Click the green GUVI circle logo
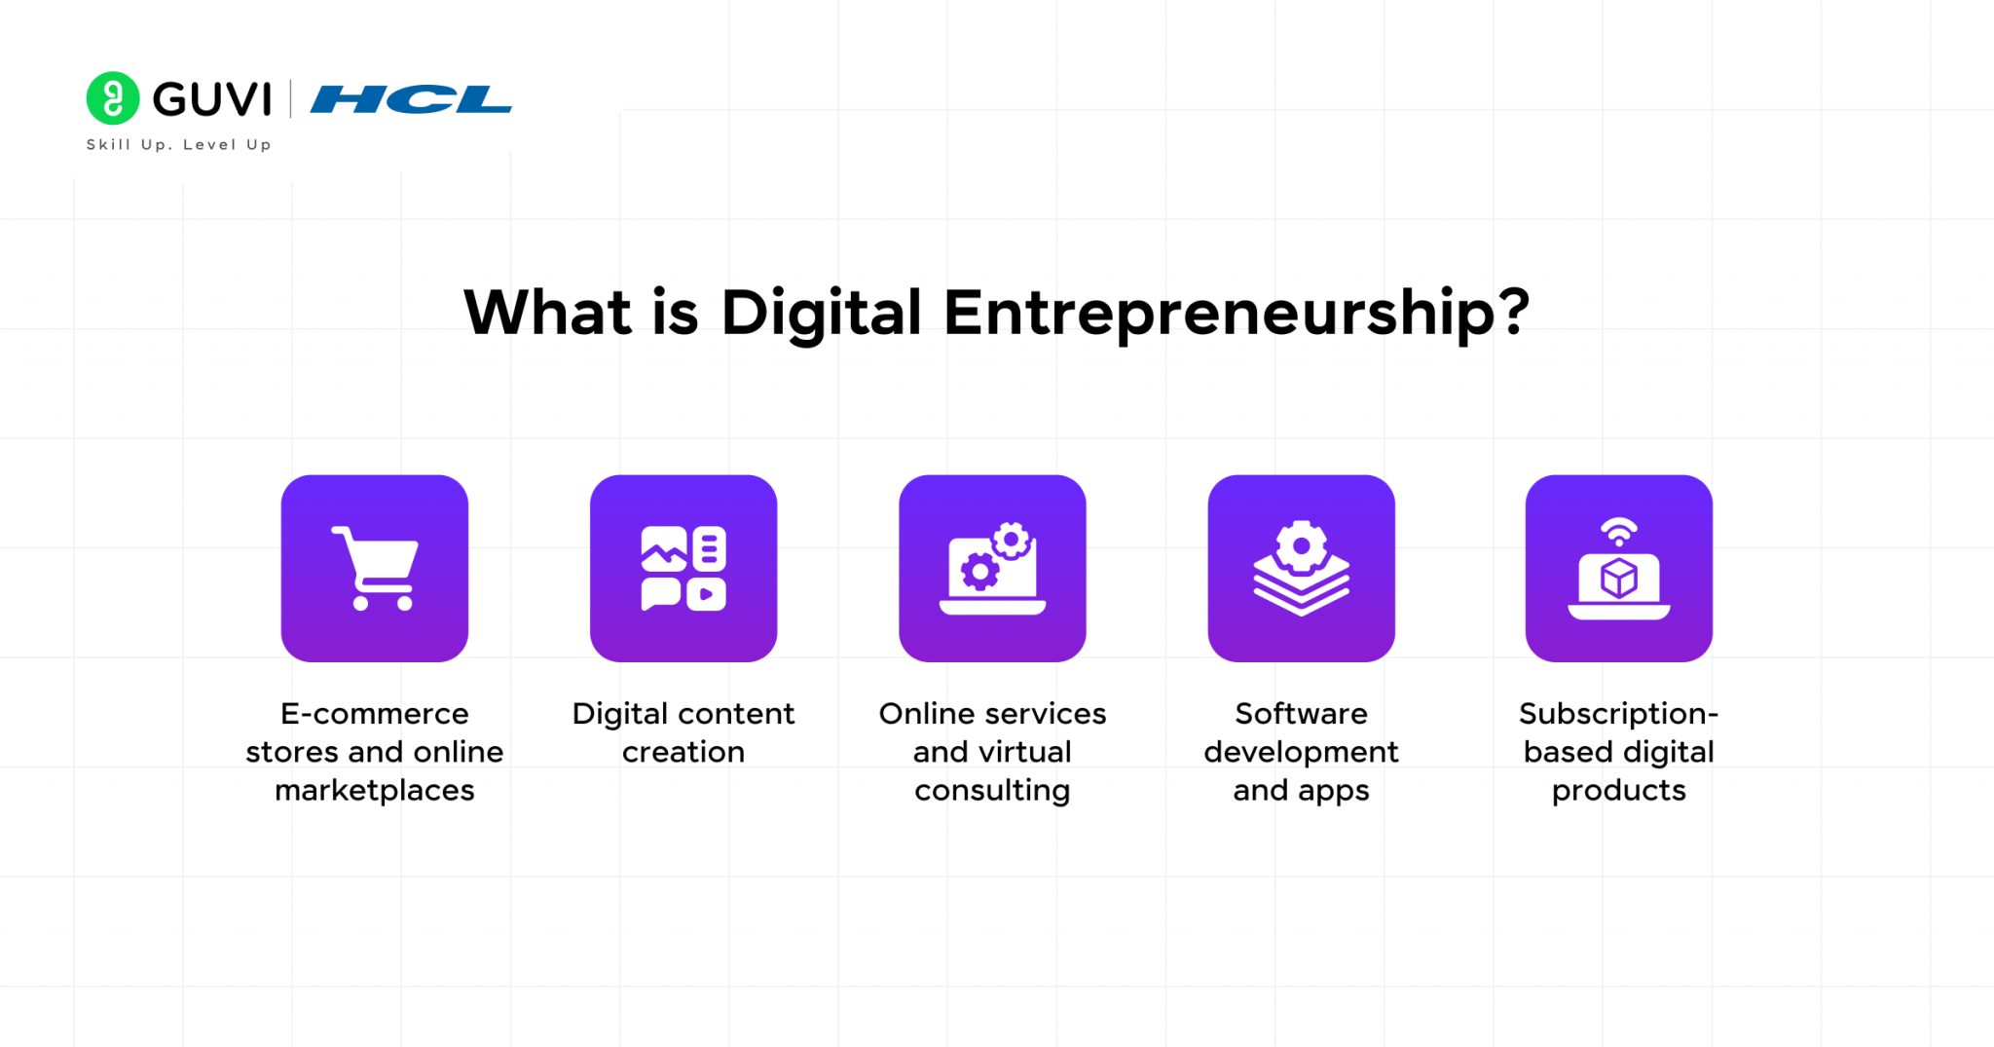click(113, 98)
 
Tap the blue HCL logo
click(410, 99)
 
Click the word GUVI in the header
click(212, 99)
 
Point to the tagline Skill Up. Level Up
click(179, 144)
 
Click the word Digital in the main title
click(820, 314)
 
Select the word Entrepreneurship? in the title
click(1236, 314)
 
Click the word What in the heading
click(547, 314)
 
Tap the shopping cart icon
click(375, 569)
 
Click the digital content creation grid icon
click(683, 569)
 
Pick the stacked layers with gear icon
click(1301, 569)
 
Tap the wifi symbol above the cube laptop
click(1618, 533)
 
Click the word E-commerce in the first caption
click(375, 714)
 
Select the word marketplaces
click(375, 790)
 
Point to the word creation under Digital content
click(683, 752)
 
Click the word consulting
click(992, 790)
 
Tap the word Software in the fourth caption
click(1301, 714)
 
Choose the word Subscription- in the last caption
click(1618, 714)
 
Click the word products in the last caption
click(1618, 790)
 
